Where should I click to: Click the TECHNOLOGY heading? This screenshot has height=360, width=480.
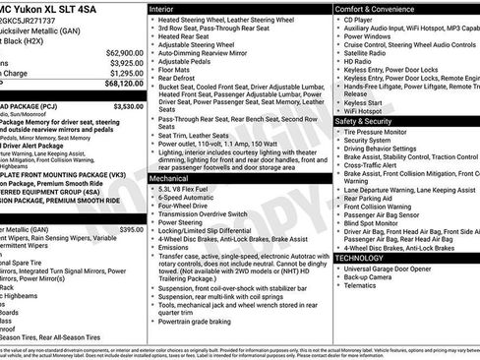pyautogui.click(x=366, y=258)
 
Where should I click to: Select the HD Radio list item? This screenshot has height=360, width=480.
pyautogui.click(x=360, y=61)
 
